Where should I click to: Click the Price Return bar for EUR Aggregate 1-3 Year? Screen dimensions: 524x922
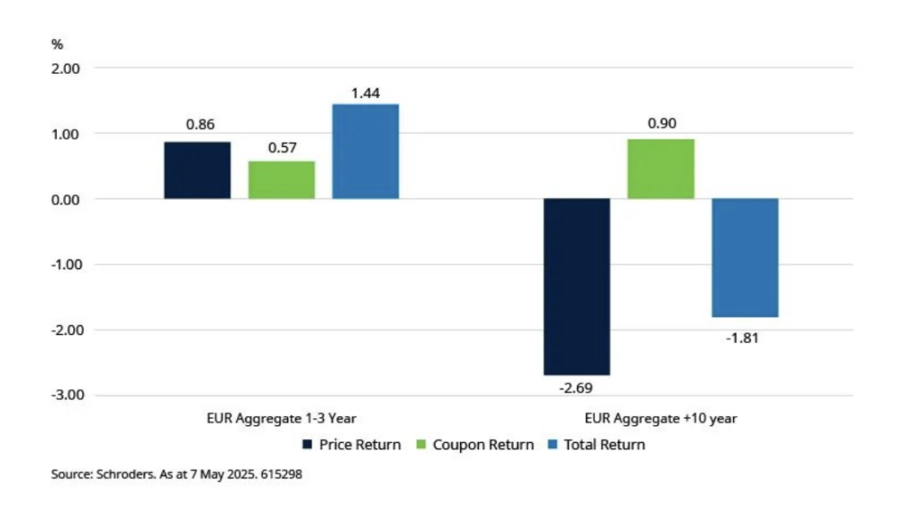[197, 170]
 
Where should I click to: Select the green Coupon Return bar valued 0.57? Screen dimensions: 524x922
[282, 180]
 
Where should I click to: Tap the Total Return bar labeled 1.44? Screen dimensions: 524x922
[366, 151]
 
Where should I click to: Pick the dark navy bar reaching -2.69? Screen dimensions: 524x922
[576, 286]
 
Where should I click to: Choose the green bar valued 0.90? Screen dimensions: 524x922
[661, 169]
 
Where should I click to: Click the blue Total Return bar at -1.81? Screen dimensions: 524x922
[745, 257]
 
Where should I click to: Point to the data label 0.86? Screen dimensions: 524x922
[198, 125]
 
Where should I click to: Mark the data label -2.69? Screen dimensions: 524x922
[576, 389]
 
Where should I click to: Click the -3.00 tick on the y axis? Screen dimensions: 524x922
[65, 395]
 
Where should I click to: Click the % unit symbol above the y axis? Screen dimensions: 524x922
[57, 44]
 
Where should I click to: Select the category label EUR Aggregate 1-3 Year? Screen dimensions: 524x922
[281, 419]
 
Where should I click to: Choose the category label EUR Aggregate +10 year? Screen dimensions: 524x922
[660, 419]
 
